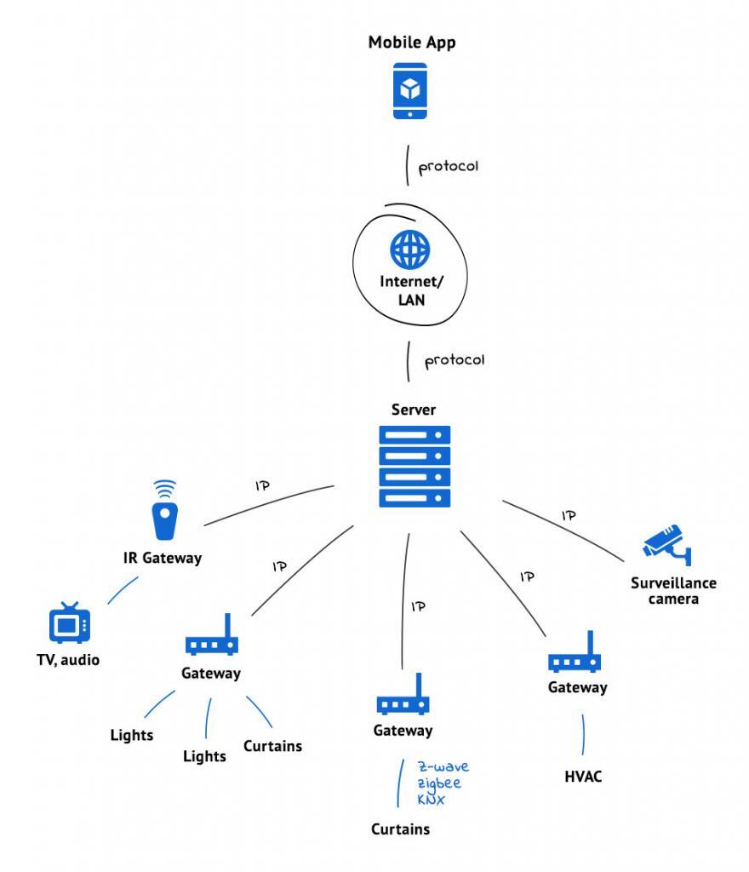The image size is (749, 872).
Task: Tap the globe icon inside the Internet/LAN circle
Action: point(410,250)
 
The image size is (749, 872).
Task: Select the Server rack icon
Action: point(414,466)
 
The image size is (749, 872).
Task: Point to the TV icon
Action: point(69,624)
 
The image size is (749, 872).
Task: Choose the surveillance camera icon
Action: point(668,546)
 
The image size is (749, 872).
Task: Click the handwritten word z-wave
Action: point(443,766)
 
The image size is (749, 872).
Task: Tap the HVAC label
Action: point(583,777)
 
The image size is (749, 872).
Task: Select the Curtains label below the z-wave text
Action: point(400,829)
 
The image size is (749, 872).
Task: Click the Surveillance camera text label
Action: point(673,591)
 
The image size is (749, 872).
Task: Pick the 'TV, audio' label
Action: point(67,659)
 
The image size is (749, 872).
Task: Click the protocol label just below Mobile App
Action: point(449,166)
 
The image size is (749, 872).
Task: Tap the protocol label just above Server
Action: point(455,360)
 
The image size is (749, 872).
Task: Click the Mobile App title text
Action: point(411,43)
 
